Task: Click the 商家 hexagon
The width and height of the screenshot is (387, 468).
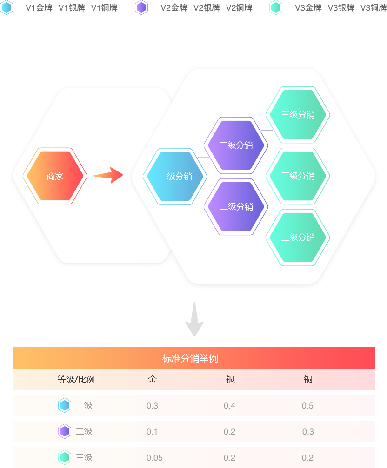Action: [55, 176]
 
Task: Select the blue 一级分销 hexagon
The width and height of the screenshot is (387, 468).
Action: [175, 176]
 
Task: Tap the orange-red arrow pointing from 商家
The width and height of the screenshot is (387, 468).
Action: [108, 175]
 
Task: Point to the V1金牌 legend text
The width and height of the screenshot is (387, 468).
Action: [39, 7]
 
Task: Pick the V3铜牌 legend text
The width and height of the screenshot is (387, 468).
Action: [373, 7]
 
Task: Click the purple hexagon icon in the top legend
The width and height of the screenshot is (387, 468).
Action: [141, 7]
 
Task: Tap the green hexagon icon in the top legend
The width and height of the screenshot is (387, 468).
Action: [276, 7]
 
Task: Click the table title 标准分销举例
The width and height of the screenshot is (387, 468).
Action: [190, 358]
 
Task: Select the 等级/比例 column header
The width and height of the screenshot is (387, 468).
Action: [76, 379]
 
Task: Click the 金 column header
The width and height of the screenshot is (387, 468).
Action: [152, 379]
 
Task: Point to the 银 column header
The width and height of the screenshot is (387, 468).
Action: [230, 379]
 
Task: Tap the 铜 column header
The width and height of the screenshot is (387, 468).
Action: [308, 379]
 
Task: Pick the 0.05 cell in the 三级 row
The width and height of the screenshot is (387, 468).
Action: [154, 458]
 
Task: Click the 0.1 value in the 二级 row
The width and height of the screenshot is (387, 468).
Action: [152, 432]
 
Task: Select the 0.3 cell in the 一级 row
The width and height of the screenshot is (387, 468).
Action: [152, 406]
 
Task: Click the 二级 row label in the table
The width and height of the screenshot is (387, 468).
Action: [84, 432]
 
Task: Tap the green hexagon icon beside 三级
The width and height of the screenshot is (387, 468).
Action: [65, 457]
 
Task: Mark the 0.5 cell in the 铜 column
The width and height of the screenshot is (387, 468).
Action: [307, 406]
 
